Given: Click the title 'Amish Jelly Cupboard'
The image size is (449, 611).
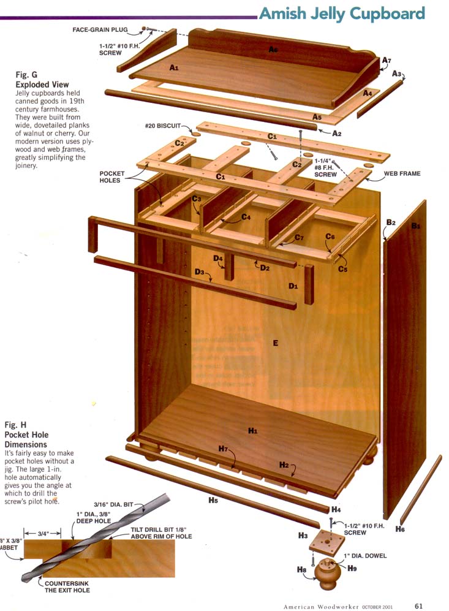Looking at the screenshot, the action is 342,13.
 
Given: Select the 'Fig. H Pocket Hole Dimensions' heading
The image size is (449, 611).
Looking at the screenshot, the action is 26,435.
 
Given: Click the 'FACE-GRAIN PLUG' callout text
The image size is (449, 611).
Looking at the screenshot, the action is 100,29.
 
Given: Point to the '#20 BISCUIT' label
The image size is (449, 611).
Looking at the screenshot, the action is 163,126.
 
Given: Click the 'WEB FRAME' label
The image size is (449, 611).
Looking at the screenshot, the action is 402,173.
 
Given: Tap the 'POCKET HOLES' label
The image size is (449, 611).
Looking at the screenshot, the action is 111,177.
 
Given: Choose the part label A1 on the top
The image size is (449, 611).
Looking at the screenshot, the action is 174,68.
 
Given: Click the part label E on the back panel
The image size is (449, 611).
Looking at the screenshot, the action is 276,343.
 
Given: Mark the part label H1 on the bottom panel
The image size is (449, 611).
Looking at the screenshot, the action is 253,431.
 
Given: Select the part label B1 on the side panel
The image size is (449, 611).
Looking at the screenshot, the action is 417,226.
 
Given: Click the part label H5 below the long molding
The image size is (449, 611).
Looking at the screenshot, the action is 213,500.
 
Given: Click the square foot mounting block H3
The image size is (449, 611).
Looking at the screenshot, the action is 327,541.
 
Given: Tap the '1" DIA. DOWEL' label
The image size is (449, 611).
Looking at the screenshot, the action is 365,556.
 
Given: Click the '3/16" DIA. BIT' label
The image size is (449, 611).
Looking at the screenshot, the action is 113,504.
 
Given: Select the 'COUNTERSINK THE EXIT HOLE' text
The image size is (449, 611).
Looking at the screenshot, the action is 67,587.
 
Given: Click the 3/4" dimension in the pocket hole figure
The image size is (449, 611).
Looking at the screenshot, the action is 43,533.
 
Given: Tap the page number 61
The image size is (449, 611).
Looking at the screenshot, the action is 418,606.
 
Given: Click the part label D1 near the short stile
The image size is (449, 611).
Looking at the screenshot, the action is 293,286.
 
